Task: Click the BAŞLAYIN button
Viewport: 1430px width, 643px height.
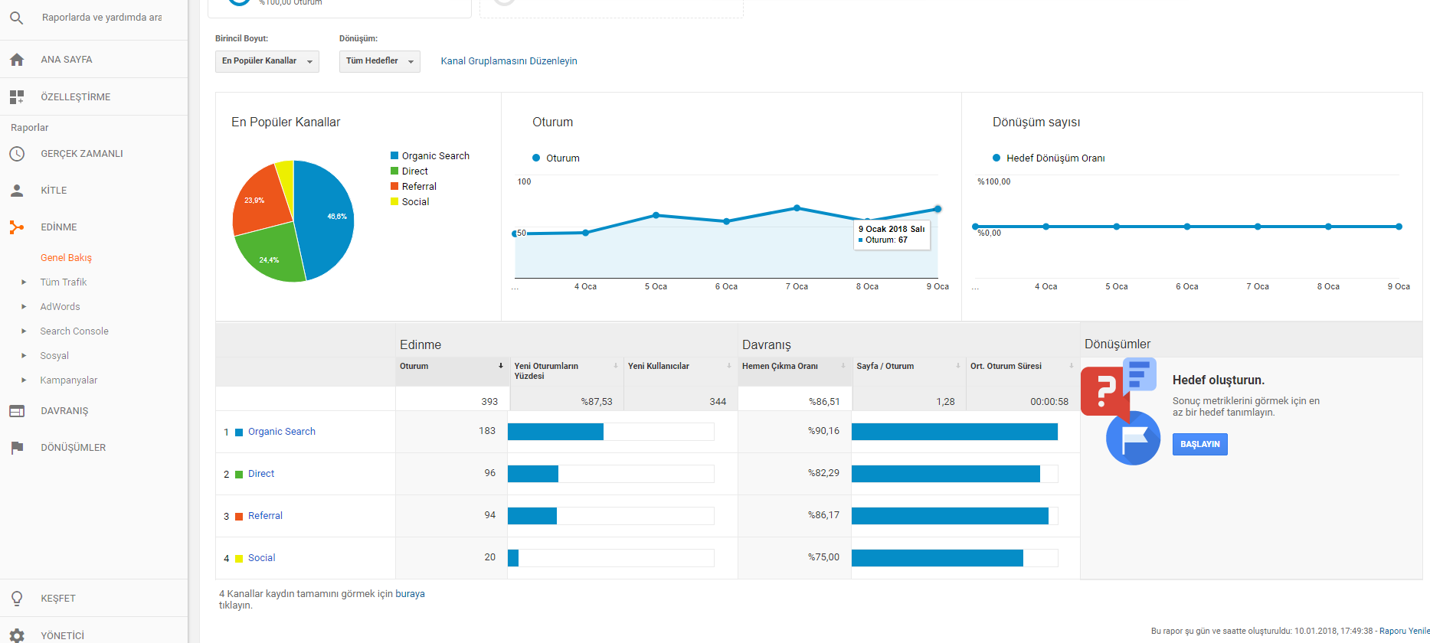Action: (1199, 445)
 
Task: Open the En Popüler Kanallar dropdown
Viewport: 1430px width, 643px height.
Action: (267, 61)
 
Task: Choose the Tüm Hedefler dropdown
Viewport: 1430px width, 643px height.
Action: (380, 61)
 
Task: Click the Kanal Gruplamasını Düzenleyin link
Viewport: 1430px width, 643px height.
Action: (509, 61)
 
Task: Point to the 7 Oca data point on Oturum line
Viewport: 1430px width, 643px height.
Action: (797, 208)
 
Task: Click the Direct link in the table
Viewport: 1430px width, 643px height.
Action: (261, 474)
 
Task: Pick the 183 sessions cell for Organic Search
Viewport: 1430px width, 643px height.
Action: (487, 431)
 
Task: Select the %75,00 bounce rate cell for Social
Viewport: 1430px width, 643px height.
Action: (823, 557)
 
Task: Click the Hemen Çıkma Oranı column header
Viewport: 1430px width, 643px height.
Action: (780, 366)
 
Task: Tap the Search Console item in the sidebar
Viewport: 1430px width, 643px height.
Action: (74, 331)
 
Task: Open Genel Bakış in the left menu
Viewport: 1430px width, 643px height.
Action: (66, 258)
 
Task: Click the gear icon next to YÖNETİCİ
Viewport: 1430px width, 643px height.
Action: (17, 635)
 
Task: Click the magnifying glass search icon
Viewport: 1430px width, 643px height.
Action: (16, 17)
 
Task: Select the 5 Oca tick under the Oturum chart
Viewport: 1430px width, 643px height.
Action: (656, 287)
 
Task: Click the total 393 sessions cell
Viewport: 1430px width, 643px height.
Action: (489, 401)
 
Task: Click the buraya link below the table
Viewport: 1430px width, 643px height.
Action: (410, 594)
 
